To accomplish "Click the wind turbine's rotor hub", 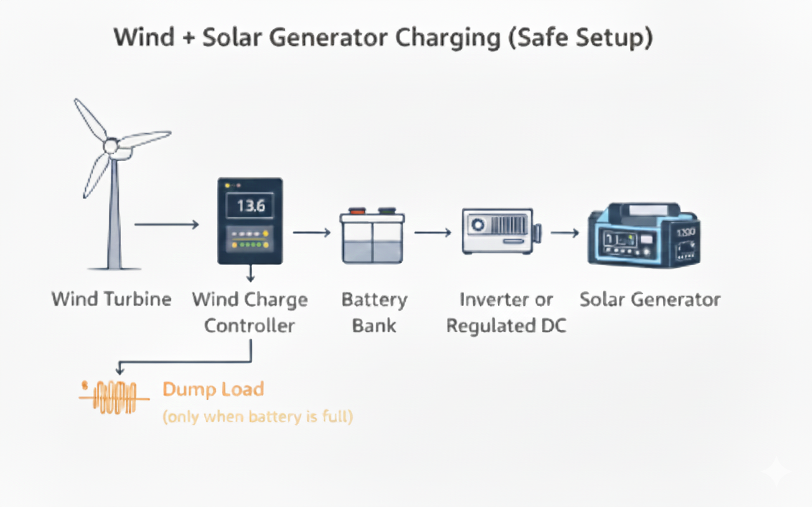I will (111, 146).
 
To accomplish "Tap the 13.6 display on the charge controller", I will (250, 206).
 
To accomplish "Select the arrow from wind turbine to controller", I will (166, 224).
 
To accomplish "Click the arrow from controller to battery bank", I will (311, 233).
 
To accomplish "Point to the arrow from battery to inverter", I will (433, 233).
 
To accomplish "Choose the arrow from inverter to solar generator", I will (564, 233).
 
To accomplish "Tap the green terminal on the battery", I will (386, 212).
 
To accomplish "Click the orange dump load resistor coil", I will (114, 398).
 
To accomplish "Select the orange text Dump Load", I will (213, 389).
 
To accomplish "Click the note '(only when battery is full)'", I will (258, 417).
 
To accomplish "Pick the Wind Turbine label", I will (112, 299).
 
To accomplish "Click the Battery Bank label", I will (374, 312).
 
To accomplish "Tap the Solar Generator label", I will (650, 299).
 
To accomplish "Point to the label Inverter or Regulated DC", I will (506, 312).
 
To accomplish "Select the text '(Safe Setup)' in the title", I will (598, 38).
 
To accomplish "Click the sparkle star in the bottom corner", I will (776, 472).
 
